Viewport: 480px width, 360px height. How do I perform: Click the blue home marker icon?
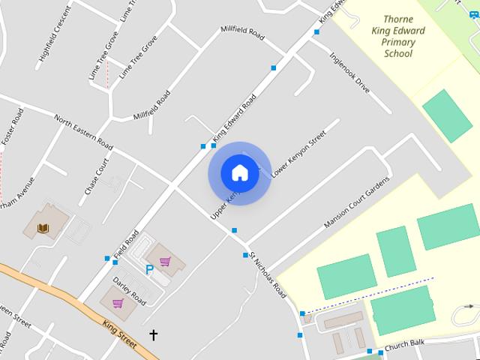pyautogui.click(x=239, y=172)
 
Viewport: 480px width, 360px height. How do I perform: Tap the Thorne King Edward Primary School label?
pyautogui.click(x=398, y=36)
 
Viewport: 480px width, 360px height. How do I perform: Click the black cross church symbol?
pyautogui.click(x=154, y=334)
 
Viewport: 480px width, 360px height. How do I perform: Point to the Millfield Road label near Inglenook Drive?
pyautogui.click(x=243, y=34)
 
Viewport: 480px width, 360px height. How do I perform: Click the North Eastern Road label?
pyautogui.click(x=83, y=132)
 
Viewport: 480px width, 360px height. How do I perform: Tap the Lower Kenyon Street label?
pyautogui.click(x=299, y=154)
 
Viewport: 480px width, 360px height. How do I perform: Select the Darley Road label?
pyautogui.click(x=129, y=289)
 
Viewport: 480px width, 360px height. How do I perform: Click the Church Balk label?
pyautogui.click(x=404, y=343)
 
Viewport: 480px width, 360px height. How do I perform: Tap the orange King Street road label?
pyautogui.click(x=120, y=334)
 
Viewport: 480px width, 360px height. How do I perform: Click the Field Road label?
pyautogui.click(x=127, y=243)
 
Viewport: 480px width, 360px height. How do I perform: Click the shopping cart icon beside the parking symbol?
pyautogui.click(x=165, y=261)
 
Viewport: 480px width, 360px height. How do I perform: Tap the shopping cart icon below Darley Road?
pyautogui.click(x=118, y=303)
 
